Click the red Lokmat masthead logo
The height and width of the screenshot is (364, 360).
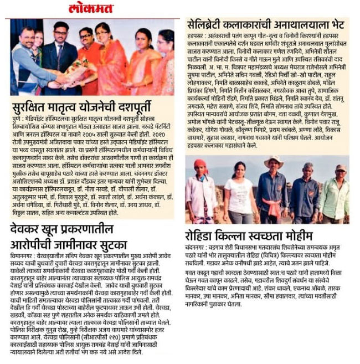(x=91, y=8)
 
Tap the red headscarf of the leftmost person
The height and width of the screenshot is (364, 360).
(x=200, y=164)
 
